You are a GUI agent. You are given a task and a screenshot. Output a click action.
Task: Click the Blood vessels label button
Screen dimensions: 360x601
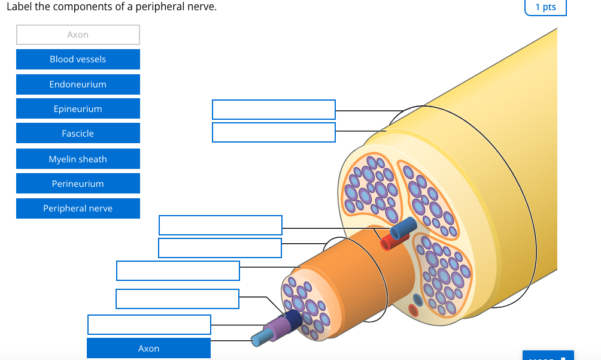coord(78,59)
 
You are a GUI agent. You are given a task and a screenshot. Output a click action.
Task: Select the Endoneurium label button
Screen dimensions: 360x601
coord(78,84)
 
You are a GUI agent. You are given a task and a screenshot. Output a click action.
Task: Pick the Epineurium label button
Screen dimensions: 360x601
coord(78,109)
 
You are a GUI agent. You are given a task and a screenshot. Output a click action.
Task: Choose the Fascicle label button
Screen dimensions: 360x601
coord(78,134)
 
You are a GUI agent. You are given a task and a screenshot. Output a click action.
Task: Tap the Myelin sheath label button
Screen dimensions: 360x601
coord(78,159)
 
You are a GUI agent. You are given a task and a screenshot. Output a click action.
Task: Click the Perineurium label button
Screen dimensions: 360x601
coord(78,184)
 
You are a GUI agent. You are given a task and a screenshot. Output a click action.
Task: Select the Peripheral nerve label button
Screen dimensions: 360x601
coord(78,208)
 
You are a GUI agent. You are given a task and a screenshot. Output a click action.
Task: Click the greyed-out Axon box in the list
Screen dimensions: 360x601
coord(78,35)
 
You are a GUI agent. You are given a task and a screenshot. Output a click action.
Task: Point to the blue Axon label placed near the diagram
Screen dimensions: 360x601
coord(148,348)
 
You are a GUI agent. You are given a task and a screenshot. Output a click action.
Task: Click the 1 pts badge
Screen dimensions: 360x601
coord(545,7)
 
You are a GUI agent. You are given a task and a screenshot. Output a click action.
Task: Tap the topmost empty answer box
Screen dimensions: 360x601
coord(274,110)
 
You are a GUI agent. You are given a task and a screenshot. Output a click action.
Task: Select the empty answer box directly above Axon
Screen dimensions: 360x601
coord(149,324)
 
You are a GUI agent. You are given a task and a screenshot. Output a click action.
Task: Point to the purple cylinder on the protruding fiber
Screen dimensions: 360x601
coord(277,328)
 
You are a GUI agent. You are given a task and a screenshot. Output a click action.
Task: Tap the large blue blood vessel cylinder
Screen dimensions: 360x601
coord(402,229)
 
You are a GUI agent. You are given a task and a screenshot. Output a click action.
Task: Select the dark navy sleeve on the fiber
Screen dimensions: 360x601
coord(293,319)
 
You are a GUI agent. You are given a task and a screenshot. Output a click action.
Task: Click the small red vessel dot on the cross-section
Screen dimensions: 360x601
coord(412,310)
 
